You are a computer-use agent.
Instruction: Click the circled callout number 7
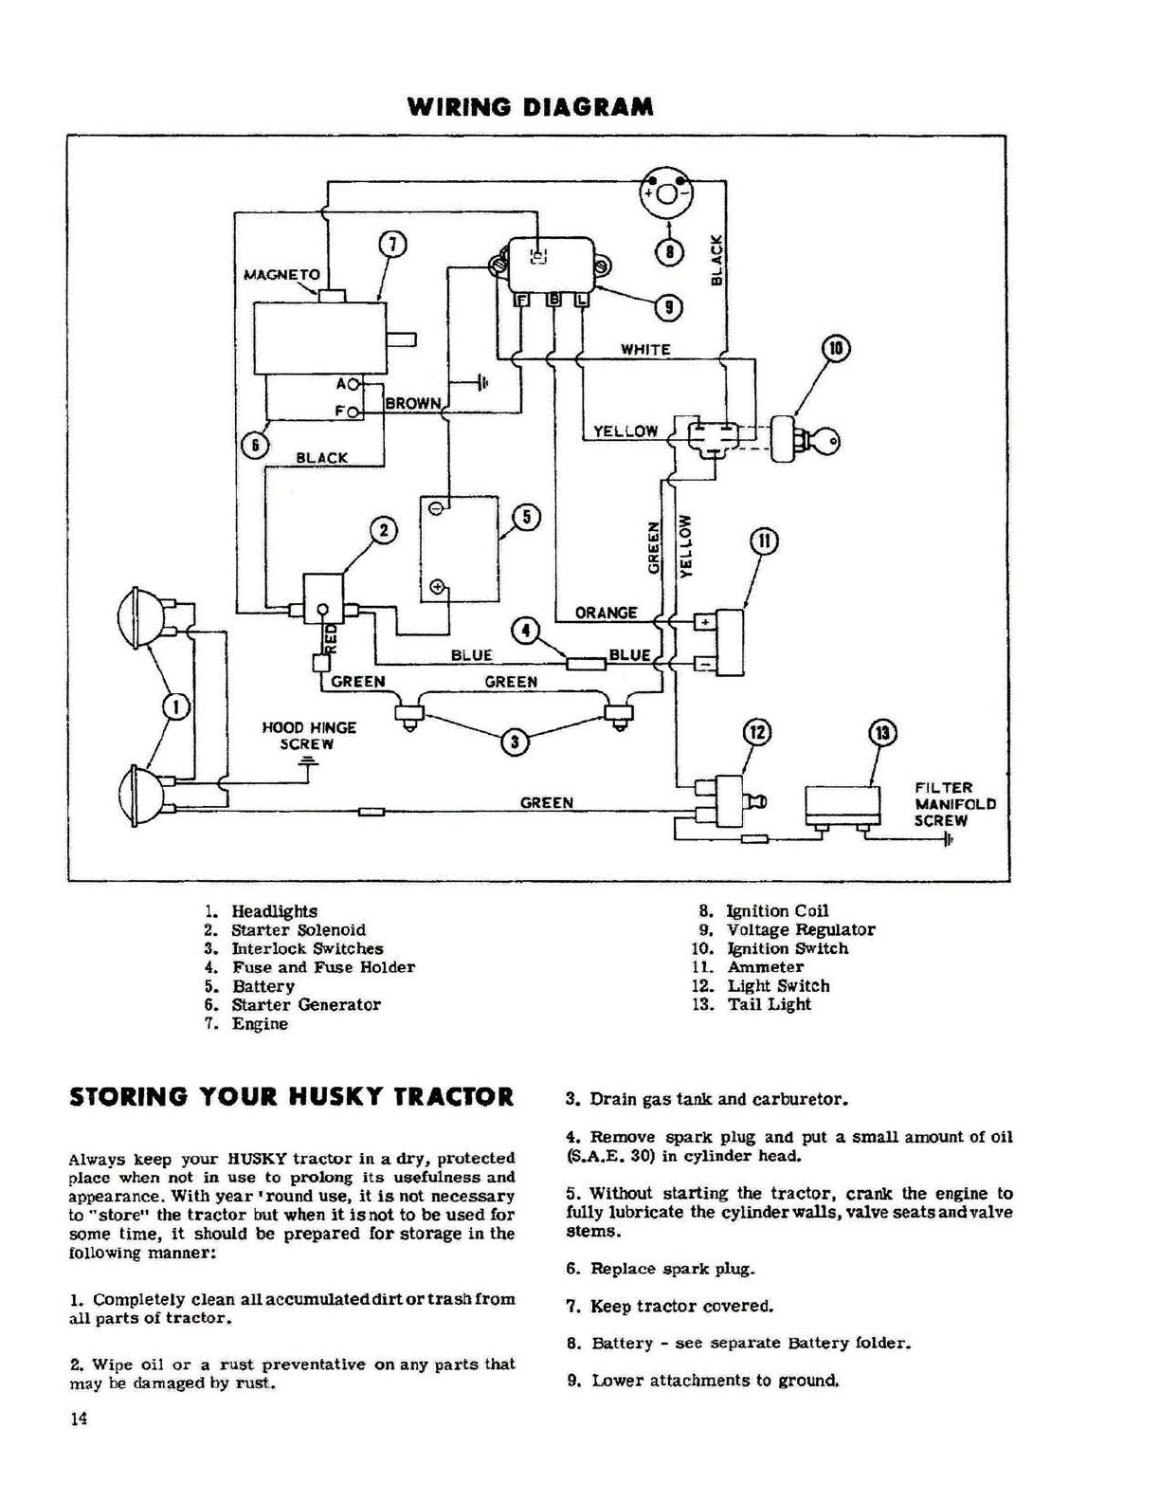click(x=391, y=245)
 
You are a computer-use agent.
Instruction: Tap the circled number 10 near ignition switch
click(x=836, y=348)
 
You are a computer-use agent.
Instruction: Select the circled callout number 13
click(x=882, y=733)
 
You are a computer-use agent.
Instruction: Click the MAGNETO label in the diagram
click(x=281, y=274)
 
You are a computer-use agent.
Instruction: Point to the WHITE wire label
click(x=645, y=350)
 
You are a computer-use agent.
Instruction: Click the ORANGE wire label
click(x=606, y=614)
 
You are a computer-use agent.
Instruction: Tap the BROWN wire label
click(x=412, y=403)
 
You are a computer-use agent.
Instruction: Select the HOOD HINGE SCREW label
click(x=309, y=736)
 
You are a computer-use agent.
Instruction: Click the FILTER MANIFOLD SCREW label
click(x=955, y=804)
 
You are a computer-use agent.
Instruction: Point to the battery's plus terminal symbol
click(x=437, y=587)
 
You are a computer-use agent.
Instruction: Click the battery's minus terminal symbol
click(x=436, y=508)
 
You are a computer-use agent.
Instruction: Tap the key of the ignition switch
click(x=825, y=440)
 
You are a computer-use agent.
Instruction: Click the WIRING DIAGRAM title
click(x=530, y=107)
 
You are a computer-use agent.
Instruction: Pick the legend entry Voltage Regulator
click(x=801, y=929)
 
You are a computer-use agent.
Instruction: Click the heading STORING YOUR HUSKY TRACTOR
click(x=292, y=1097)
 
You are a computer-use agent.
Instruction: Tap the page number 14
click(x=78, y=1420)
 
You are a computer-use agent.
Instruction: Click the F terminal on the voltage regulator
click(x=522, y=300)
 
